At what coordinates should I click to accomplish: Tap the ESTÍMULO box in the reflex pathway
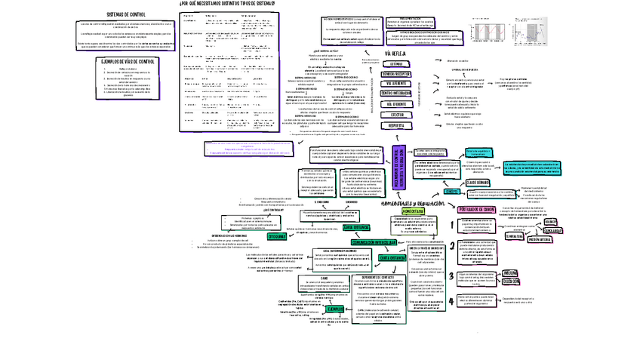396,65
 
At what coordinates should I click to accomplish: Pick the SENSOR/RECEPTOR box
396,74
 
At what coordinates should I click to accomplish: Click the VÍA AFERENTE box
396,84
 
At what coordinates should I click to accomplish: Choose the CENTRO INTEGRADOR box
396,94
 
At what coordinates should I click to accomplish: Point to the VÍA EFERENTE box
396,104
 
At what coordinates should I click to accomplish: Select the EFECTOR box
396,115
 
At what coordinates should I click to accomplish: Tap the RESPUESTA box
396,125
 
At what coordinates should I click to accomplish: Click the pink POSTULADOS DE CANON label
477,208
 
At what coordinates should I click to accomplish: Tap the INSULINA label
511,272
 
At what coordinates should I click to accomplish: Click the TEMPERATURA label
515,235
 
